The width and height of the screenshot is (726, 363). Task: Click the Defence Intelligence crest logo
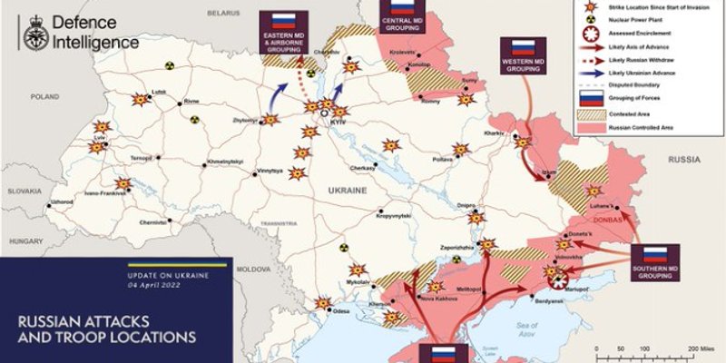[35, 34]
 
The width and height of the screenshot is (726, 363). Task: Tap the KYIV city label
[339, 121]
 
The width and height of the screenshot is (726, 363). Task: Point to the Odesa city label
[341, 311]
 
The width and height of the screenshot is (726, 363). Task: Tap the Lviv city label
[100, 137]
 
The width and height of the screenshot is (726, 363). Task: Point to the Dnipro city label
[466, 204]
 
